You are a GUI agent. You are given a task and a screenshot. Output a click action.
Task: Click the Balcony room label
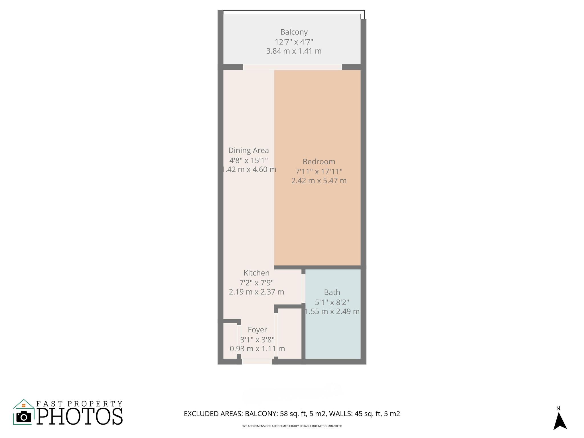tap(294, 32)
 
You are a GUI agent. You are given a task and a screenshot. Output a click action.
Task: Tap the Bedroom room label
tap(319, 162)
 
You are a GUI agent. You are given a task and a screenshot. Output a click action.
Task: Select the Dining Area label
tap(248, 150)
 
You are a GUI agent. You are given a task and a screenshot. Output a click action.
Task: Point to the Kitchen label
tap(256, 273)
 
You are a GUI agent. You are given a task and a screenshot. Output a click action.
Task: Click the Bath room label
tap(332, 292)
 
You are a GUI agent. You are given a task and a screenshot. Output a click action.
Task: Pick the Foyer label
tap(257, 330)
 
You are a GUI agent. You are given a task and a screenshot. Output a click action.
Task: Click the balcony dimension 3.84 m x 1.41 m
tap(294, 51)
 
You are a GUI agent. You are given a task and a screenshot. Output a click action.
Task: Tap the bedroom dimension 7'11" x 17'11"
tap(319, 171)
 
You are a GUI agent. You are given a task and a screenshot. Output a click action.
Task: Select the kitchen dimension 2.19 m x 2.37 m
tap(256, 292)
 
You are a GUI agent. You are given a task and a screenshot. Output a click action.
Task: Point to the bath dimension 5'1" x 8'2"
tap(332, 302)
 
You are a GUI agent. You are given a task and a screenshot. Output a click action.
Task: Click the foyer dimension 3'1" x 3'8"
tap(257, 340)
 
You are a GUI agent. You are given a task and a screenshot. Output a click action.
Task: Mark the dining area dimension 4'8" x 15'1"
tap(248, 160)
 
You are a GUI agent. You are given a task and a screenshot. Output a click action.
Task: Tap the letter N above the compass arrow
tap(558, 408)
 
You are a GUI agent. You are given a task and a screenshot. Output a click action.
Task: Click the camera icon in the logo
tap(24, 417)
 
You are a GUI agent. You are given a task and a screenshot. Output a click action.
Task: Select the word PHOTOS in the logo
tap(80, 417)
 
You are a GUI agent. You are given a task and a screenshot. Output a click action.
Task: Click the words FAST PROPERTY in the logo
tap(79, 404)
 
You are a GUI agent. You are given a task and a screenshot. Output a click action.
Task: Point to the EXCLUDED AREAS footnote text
tap(292, 414)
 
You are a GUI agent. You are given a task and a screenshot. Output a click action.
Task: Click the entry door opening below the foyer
tap(257, 362)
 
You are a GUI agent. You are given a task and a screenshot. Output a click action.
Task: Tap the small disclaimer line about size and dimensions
tap(292, 426)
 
